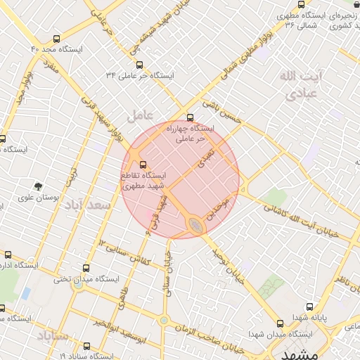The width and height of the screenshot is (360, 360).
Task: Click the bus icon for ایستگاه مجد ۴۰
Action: (56, 39)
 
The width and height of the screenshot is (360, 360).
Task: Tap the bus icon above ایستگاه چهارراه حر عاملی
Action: (190, 117)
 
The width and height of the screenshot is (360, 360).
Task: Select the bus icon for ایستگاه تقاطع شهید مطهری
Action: (144, 165)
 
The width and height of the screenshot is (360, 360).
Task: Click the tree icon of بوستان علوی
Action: (38, 186)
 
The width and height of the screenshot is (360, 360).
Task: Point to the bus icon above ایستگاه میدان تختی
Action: (86, 268)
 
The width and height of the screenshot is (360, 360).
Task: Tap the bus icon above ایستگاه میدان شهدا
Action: (280, 324)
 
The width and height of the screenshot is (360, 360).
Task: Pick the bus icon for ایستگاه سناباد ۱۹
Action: (86, 346)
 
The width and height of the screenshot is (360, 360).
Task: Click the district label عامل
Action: (139, 113)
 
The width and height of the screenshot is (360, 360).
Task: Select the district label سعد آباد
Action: (88, 205)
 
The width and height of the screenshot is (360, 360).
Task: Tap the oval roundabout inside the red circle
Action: (195, 225)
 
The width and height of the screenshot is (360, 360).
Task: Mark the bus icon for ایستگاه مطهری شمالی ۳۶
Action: (301, 4)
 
